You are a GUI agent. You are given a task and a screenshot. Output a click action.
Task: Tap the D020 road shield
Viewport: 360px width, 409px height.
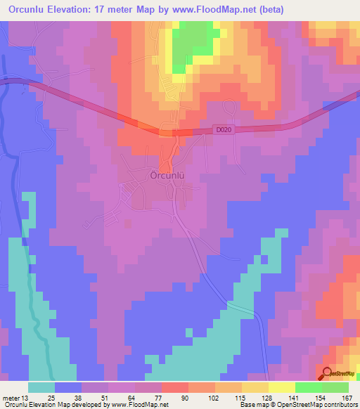(224, 129)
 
